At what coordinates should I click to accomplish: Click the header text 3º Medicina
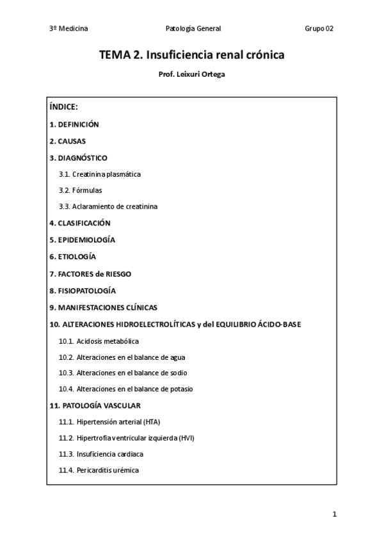pyautogui.click(x=68, y=28)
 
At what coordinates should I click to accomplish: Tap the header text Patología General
pyautogui.click(x=193, y=28)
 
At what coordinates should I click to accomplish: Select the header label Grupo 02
pyautogui.click(x=319, y=28)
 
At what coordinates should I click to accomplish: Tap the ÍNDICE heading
pyautogui.click(x=63, y=107)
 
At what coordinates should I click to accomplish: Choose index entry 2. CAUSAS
pyautogui.click(x=68, y=140)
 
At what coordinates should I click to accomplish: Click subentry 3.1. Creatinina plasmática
pyautogui.click(x=99, y=174)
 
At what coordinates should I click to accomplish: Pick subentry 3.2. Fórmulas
pyautogui.click(x=80, y=190)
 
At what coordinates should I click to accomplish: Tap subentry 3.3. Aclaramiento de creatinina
pyautogui.click(x=108, y=207)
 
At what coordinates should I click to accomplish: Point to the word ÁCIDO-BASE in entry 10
pyautogui.click(x=280, y=324)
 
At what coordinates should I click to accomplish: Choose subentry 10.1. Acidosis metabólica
pyautogui.click(x=99, y=341)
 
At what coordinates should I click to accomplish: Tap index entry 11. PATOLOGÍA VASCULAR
pyautogui.click(x=95, y=405)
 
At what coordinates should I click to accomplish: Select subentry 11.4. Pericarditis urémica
pyautogui.click(x=99, y=470)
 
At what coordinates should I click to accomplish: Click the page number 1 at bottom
pyautogui.click(x=334, y=514)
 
